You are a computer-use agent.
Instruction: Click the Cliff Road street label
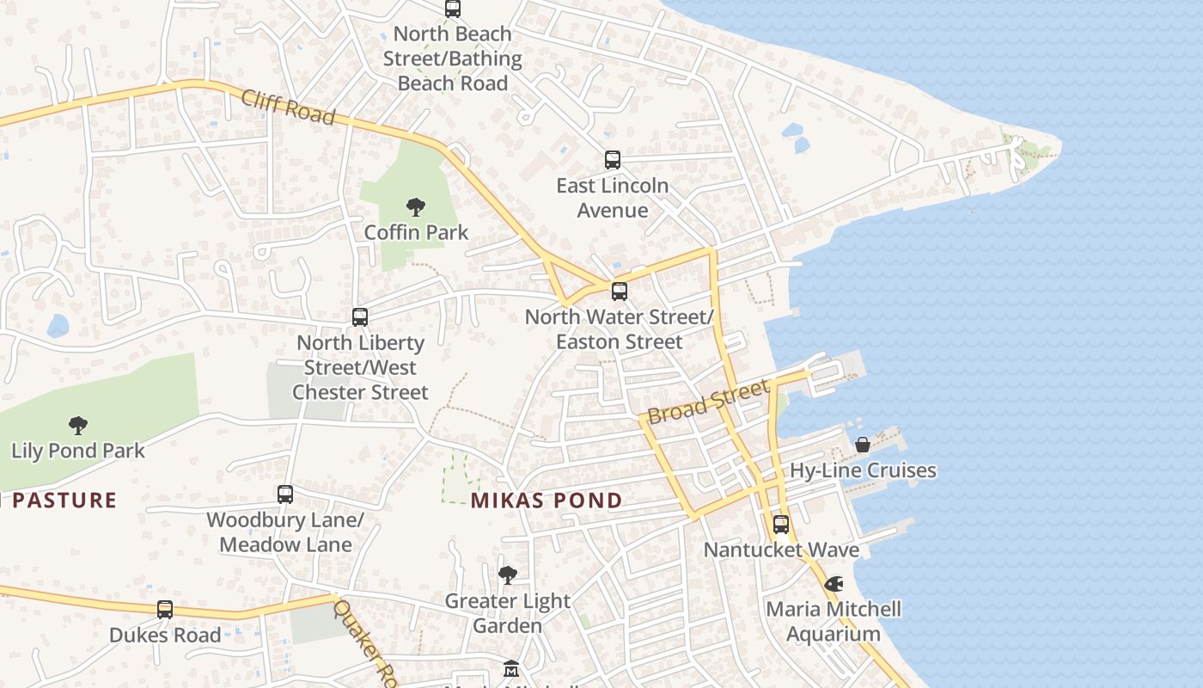[x=287, y=107]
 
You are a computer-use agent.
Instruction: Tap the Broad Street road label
[x=707, y=402]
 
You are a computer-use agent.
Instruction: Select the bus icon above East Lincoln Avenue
[x=612, y=160]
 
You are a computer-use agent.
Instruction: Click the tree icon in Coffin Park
[x=416, y=207]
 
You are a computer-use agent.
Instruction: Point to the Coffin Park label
[x=416, y=232]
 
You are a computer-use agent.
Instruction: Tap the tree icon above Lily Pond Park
[x=78, y=425]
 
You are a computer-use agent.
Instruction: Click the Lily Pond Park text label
[x=78, y=451]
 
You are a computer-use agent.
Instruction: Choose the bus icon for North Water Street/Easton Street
[x=620, y=292]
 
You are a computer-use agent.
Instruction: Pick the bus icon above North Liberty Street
[x=360, y=317]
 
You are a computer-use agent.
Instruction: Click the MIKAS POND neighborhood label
[x=547, y=501]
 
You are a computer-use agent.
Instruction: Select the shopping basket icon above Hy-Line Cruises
[x=863, y=445]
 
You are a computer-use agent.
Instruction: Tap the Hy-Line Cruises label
[x=863, y=470]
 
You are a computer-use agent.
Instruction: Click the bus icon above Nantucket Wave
[x=781, y=524]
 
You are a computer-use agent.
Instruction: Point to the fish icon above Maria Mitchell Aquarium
[x=834, y=584]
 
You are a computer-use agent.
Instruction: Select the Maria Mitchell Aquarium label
[x=834, y=621]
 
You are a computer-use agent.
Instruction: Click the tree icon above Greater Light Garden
[x=507, y=574]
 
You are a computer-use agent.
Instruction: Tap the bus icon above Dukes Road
[x=165, y=610]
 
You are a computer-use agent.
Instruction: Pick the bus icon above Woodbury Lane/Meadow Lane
[x=285, y=494]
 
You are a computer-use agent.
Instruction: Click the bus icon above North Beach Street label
[x=453, y=9]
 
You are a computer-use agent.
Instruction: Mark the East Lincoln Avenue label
[x=612, y=198]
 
